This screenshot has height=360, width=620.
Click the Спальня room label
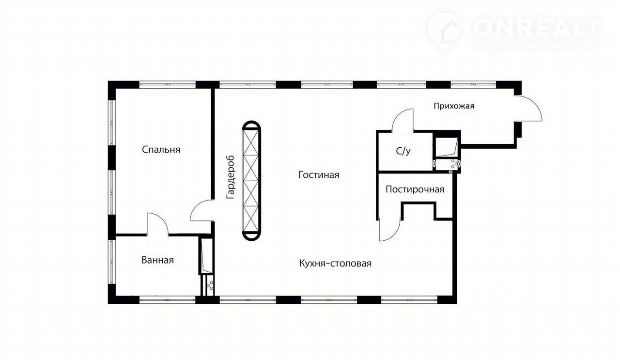coord(161,150)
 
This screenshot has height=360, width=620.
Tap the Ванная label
coord(157,260)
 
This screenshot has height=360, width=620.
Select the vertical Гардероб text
coord(231,177)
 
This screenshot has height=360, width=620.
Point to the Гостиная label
coord(319,175)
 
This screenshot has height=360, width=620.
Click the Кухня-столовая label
coord(335,263)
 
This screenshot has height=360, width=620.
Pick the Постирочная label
coord(415,189)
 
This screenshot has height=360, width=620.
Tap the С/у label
coord(403,151)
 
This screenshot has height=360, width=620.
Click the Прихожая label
coord(454,106)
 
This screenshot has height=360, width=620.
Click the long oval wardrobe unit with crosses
coord(251,181)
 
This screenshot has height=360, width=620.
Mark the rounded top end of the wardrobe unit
coord(251,125)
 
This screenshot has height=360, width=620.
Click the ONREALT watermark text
coord(538,28)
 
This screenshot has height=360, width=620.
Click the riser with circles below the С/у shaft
coord(447,164)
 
